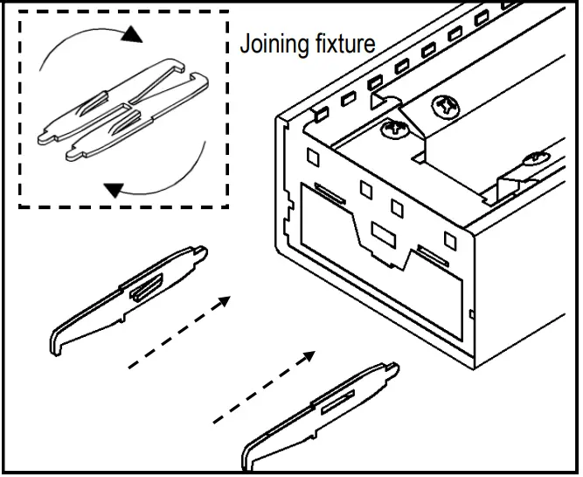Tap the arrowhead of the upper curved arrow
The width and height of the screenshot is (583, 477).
[131, 35]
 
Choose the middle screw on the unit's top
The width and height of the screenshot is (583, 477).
[443, 107]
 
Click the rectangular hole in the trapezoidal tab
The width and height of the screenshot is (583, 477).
[383, 234]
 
